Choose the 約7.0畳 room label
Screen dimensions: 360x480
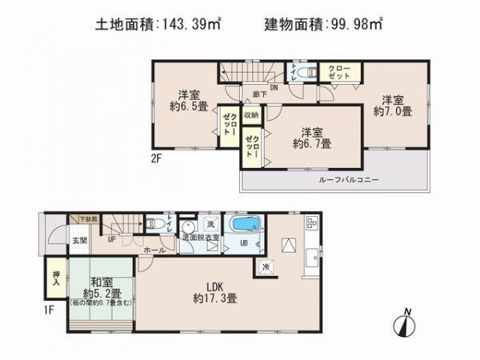tap(392, 106)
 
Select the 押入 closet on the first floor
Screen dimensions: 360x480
tap(54, 275)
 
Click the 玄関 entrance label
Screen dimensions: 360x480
tap(59, 238)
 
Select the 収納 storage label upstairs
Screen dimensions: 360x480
tap(251, 115)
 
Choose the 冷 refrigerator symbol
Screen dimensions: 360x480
tap(266, 267)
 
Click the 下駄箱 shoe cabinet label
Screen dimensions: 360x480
tap(88, 218)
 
